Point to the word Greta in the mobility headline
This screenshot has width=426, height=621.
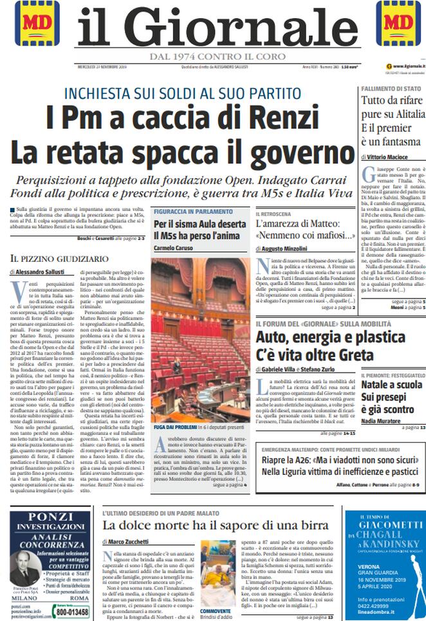349,355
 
